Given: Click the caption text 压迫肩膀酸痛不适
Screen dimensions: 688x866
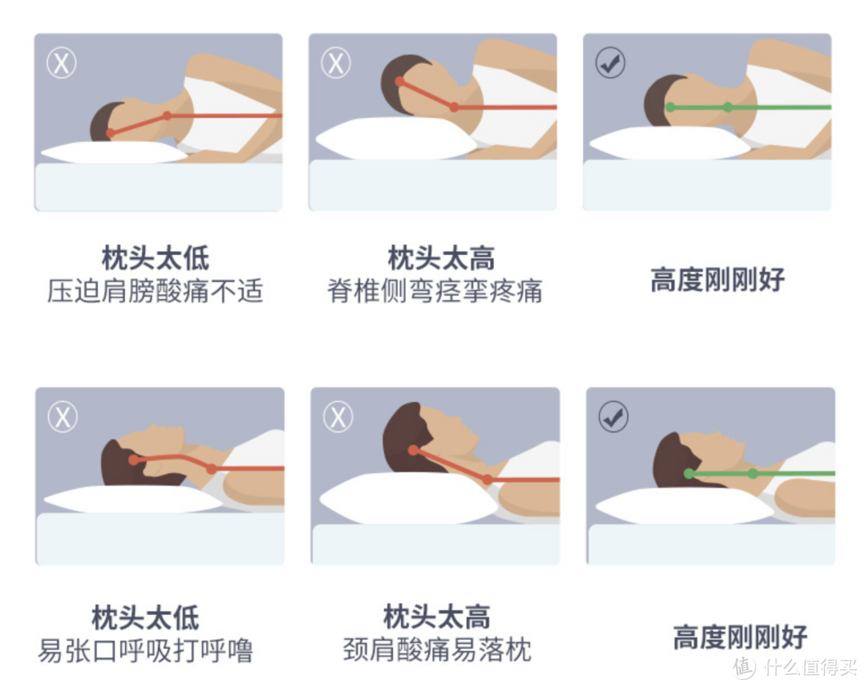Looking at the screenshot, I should (x=155, y=291).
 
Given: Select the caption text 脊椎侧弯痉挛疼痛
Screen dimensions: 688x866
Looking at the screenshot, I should (x=435, y=291).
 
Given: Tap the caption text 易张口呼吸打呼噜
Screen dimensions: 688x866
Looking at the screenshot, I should (x=145, y=650).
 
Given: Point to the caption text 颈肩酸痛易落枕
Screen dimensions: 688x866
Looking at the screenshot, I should (x=437, y=650).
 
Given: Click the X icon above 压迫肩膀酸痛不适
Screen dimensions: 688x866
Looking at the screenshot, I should (x=61, y=63).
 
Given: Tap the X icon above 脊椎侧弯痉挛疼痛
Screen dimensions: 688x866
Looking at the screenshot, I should (x=336, y=63).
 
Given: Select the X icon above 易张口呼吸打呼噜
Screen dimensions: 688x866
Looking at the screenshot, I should (x=63, y=417).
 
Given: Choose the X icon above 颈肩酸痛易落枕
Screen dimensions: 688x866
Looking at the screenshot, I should (x=338, y=417).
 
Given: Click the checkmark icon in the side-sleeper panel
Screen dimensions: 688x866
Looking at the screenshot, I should (x=610, y=63).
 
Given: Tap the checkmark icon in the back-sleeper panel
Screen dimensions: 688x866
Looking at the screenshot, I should (x=613, y=417).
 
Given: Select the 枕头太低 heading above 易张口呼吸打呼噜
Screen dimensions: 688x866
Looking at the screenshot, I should (x=145, y=618).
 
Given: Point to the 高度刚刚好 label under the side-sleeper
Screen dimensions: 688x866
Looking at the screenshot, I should (x=718, y=280).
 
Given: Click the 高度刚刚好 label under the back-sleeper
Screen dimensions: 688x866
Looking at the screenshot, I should (x=739, y=638).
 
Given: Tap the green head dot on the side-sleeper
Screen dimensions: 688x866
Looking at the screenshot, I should (x=670, y=107).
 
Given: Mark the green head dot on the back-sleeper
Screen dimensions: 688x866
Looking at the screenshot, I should (x=689, y=474).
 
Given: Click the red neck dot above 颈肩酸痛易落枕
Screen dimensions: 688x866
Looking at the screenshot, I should (x=488, y=480).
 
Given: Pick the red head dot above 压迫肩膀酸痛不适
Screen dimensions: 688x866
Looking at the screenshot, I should (x=111, y=133).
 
